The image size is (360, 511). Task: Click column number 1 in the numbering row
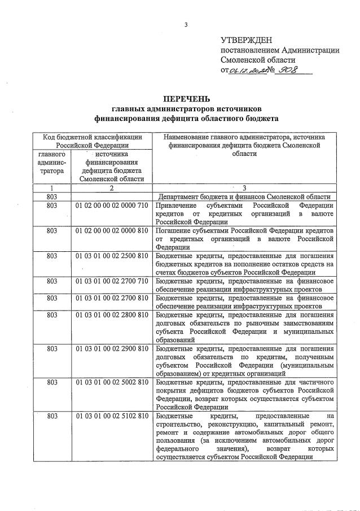(x=51, y=187)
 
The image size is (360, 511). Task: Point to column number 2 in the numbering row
(x=111, y=187)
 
